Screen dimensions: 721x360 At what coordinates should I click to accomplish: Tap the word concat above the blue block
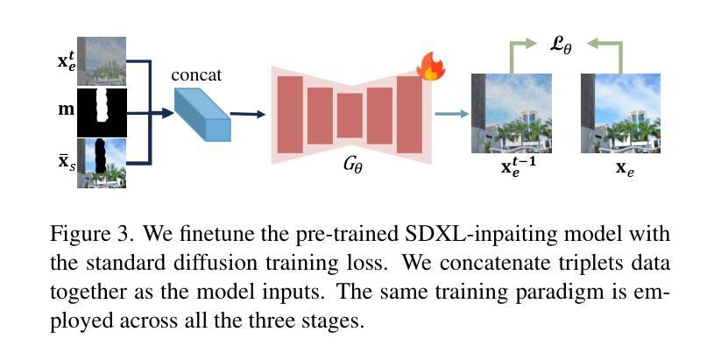(196, 74)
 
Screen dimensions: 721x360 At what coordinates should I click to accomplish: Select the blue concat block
(202, 114)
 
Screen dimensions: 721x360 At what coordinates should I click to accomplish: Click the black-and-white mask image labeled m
(102, 112)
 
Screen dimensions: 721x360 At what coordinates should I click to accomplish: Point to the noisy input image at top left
(102, 61)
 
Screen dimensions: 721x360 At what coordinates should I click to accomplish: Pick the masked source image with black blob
(102, 163)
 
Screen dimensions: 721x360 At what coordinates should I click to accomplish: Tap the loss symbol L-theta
(562, 46)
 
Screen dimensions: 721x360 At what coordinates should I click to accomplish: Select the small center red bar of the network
(350, 116)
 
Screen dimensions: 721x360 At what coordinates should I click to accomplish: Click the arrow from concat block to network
(248, 114)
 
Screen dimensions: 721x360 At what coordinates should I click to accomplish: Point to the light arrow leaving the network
(451, 114)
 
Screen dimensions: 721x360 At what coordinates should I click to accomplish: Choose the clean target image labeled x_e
(620, 113)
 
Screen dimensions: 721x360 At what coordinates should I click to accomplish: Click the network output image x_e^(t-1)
(512, 113)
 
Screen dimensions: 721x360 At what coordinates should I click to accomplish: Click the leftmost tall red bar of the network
(290, 115)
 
